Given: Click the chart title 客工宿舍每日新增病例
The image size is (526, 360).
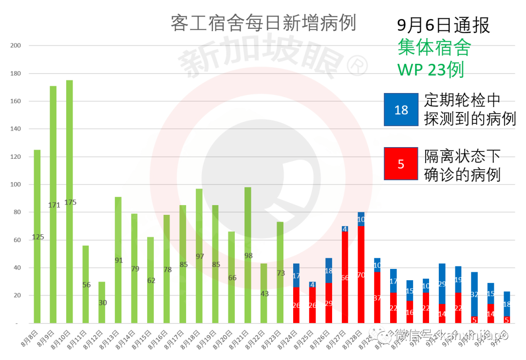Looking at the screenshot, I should [263, 23].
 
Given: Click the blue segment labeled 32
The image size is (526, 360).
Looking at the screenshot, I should [474, 294].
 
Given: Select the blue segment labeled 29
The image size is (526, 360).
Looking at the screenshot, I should [442, 284].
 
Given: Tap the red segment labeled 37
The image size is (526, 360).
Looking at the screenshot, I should [377, 297].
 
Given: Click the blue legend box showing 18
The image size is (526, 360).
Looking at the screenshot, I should [401, 110].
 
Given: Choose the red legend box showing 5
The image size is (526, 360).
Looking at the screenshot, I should [401, 164].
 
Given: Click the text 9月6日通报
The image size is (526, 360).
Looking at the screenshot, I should [443, 25].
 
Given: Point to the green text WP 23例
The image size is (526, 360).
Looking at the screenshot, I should [431, 69].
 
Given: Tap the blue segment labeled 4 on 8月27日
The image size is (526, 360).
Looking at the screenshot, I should [345, 229].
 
